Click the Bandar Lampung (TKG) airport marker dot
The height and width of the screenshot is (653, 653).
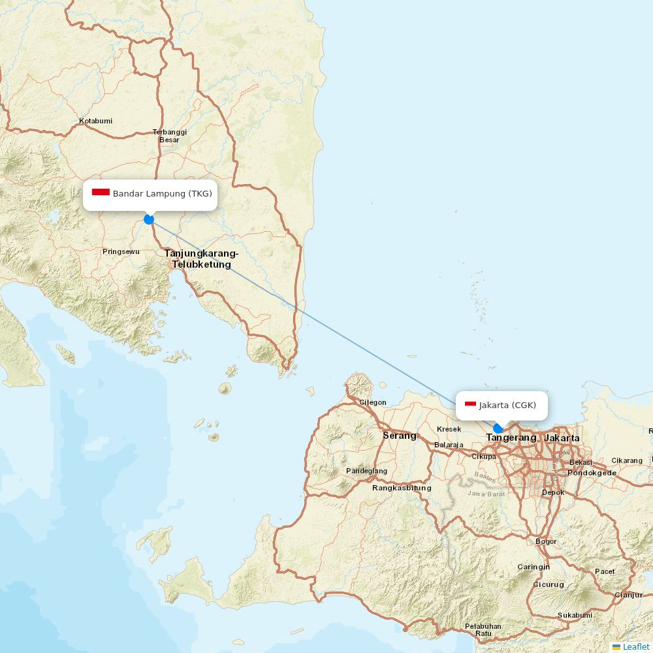149,219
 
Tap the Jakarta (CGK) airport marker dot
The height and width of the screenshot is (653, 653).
498,428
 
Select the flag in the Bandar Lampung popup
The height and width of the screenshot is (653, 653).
101,192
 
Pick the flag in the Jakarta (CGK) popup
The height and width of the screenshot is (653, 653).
470,404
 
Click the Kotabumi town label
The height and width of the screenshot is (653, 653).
95,121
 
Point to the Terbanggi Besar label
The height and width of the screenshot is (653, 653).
169,136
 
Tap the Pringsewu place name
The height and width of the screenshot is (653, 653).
121,251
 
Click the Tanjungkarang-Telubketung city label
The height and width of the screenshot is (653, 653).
201,259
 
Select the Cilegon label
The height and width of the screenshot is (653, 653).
373,402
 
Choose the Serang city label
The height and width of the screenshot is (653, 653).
399,436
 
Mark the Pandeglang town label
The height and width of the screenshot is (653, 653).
366,471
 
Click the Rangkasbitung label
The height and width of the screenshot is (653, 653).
402,488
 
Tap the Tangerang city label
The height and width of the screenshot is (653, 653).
511,438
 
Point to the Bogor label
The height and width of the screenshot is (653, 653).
546,541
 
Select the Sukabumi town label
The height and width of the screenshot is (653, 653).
575,615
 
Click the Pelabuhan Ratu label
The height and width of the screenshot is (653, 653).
483,629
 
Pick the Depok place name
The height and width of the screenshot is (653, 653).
553,492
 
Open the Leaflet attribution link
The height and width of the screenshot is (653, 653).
635,646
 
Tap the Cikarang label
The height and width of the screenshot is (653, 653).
627,460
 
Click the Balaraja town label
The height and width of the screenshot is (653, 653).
449,445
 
